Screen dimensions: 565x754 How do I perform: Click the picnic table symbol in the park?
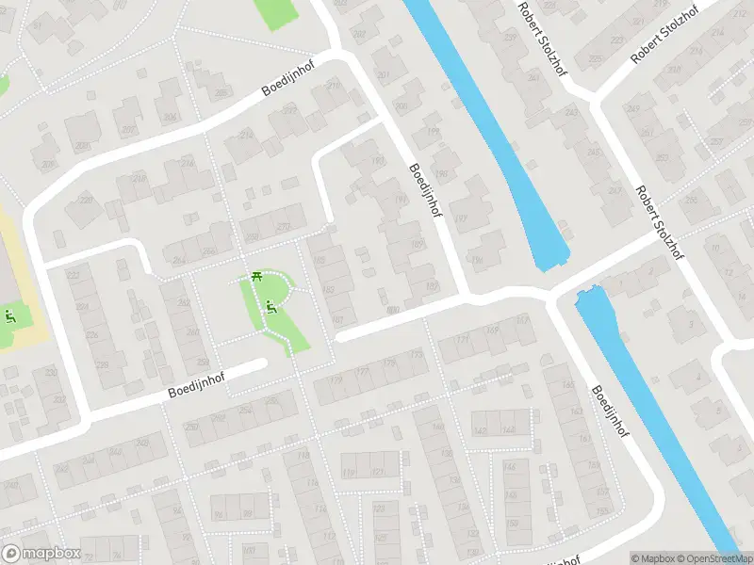point(256,276)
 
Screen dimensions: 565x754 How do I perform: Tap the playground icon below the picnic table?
point(270,305)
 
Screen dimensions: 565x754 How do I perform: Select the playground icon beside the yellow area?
point(10,316)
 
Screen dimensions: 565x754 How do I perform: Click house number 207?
point(383,76)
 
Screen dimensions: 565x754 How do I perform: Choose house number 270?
point(282,227)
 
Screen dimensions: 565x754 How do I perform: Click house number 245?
point(593,152)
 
